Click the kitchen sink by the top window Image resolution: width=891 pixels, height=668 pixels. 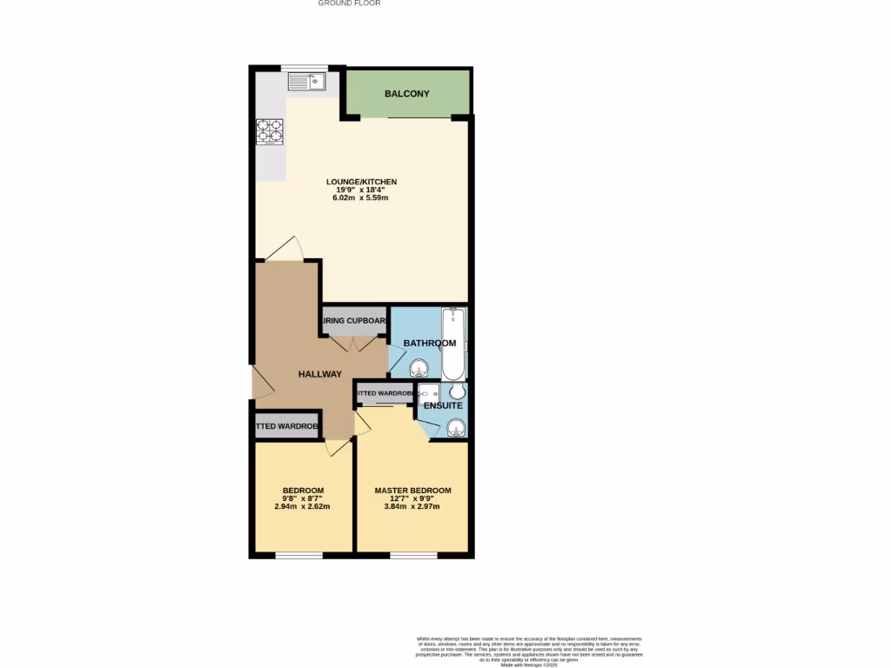305,82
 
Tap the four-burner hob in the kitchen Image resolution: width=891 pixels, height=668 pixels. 269,130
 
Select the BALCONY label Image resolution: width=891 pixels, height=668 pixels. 407,94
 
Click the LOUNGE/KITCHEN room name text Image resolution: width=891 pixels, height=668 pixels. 361,182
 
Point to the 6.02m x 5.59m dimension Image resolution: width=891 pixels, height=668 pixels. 360,198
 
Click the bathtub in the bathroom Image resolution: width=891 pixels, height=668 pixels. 453,344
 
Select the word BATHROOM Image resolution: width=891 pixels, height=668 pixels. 429,344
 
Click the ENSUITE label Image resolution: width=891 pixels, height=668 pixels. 443,405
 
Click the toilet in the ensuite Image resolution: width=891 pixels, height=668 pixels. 458,392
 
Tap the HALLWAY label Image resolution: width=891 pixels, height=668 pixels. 320,374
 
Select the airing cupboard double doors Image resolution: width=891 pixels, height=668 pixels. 354,343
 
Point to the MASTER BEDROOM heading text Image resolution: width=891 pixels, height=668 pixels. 413,491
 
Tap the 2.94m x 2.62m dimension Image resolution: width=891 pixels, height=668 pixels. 303,506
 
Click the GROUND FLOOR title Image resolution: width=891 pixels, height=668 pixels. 349,3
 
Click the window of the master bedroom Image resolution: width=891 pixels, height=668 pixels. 413,554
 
